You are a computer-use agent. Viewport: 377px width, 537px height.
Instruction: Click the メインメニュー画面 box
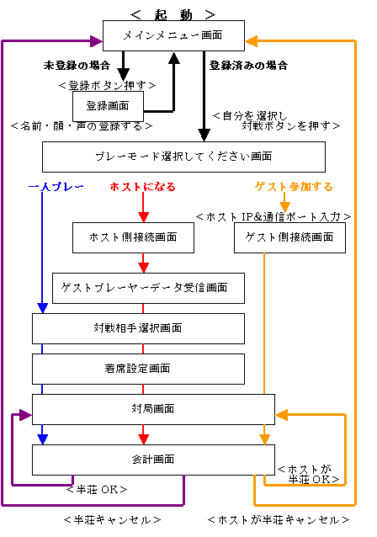pyautogui.click(x=173, y=35)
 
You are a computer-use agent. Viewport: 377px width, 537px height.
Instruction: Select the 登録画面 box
pyautogui.click(x=108, y=106)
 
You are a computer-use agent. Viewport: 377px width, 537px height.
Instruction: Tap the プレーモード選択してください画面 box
pyautogui.click(x=183, y=157)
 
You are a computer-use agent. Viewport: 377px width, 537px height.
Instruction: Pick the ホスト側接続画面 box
pyautogui.click(x=133, y=237)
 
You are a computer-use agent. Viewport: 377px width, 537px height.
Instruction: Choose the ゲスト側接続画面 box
pyautogui.click(x=289, y=237)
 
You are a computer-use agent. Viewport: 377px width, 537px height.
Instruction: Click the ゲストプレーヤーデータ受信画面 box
pyautogui.click(x=148, y=288)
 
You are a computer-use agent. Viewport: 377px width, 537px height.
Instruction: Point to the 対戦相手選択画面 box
pyautogui.click(x=138, y=328)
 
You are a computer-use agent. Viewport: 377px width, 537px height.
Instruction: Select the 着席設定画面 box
pyautogui.click(x=138, y=369)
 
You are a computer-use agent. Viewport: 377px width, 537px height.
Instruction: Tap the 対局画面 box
pyautogui.click(x=153, y=409)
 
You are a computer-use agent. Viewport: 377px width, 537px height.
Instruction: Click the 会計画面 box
pyautogui.click(x=153, y=460)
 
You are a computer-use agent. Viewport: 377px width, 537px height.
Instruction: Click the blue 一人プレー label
pyautogui.click(x=56, y=187)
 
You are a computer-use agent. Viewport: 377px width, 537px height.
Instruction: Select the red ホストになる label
pyautogui.click(x=142, y=187)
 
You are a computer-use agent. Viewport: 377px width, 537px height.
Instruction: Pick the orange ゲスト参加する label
pyautogui.click(x=294, y=187)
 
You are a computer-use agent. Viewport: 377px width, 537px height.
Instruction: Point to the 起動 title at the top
pyautogui.click(x=173, y=14)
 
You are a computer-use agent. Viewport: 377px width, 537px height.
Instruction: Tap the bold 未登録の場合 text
pyautogui.click(x=77, y=66)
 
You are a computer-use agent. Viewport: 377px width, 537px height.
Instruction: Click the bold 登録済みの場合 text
pyautogui.click(x=248, y=66)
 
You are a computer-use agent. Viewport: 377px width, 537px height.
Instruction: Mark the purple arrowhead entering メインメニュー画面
pyautogui.click(x=96, y=41)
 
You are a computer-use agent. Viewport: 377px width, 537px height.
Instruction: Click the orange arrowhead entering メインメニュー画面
pyautogui.click(x=252, y=41)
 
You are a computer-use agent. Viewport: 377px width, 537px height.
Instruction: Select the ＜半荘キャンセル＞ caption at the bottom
pyautogui.click(x=112, y=520)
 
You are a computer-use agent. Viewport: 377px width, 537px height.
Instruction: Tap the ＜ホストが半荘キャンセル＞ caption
pyautogui.click(x=279, y=520)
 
